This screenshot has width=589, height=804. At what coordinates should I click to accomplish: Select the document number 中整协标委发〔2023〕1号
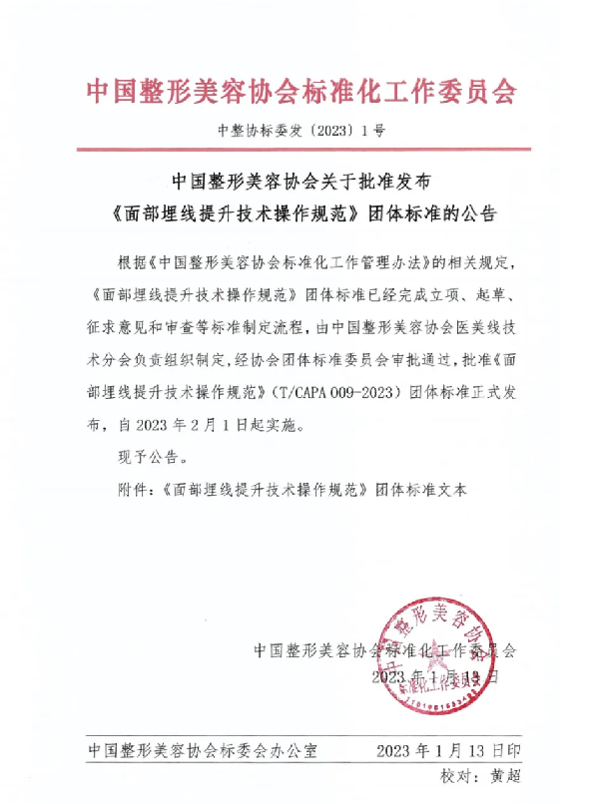(299, 130)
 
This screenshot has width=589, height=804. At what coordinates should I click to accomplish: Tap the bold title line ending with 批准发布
(299, 184)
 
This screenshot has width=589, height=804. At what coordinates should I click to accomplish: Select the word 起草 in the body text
(497, 295)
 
